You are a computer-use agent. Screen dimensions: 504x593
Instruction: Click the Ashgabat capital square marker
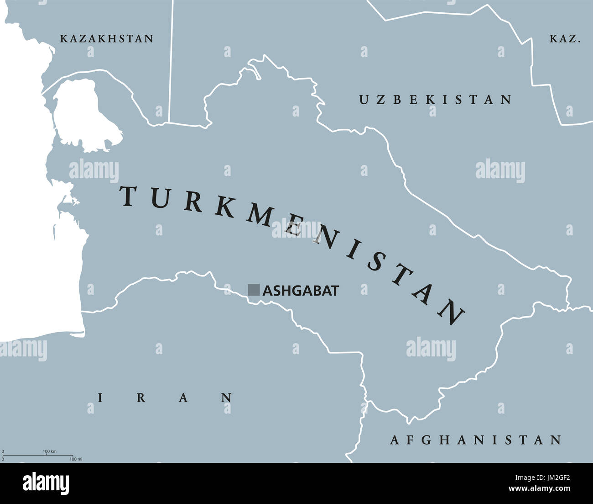point(254,290)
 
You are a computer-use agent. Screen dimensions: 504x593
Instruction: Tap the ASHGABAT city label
point(301,291)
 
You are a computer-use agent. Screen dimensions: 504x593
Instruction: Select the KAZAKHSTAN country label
point(107,38)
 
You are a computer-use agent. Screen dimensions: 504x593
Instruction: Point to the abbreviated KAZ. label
point(565,39)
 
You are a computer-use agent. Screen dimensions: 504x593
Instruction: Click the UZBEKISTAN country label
point(436,100)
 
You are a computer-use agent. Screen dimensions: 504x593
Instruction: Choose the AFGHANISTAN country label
point(476,440)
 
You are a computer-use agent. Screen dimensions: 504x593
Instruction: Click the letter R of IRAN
point(141,398)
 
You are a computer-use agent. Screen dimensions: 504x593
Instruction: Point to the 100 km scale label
point(50,451)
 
